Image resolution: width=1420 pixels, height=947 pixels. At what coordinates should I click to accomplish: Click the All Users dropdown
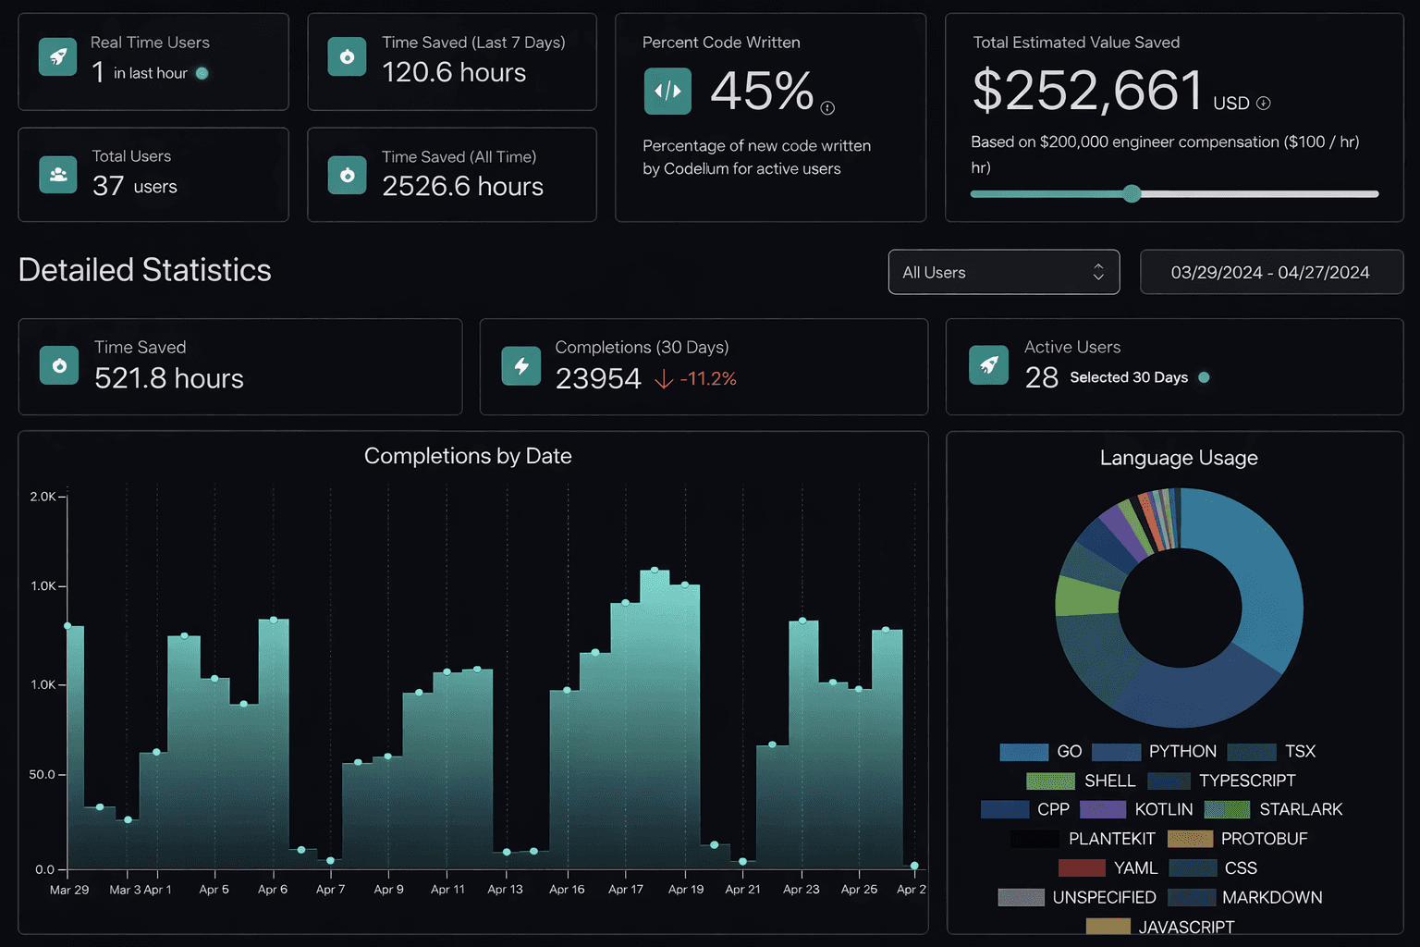(1003, 272)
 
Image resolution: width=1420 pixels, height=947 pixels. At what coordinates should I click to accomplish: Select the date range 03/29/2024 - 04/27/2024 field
(1270, 272)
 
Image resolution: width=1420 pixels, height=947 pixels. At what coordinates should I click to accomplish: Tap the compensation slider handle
(1132, 193)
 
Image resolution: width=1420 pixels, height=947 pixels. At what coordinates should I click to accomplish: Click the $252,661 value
(1087, 91)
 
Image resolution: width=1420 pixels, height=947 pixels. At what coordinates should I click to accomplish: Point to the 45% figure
(762, 92)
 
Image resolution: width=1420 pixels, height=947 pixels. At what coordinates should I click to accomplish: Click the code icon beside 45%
(667, 92)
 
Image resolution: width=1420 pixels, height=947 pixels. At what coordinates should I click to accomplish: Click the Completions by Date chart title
(468, 456)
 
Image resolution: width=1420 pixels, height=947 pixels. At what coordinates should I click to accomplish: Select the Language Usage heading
(1179, 458)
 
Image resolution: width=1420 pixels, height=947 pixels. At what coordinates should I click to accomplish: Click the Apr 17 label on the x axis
(625, 889)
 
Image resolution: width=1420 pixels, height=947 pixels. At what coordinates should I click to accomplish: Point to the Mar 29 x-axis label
(69, 889)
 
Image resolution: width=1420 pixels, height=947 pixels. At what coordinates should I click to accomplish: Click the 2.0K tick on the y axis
(43, 497)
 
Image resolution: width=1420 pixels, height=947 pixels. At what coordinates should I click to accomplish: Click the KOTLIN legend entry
(1163, 809)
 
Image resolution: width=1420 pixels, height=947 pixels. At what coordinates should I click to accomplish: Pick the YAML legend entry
(1134, 867)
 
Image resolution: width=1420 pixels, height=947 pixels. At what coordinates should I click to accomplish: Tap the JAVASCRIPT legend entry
(1185, 927)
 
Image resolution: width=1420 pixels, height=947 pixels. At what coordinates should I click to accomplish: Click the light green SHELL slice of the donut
(1087, 596)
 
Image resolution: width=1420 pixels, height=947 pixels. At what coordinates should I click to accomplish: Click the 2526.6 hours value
(462, 186)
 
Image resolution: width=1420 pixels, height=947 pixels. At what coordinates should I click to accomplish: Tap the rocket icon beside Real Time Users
(58, 57)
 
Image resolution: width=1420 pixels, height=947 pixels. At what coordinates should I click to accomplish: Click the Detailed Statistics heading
(145, 270)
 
